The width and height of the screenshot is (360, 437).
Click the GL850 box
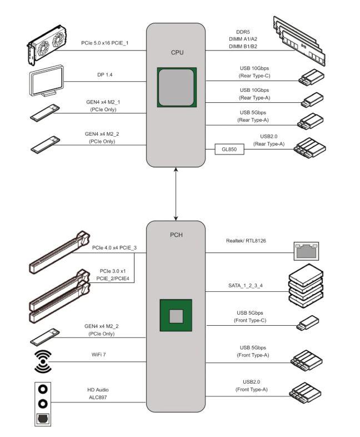pyautogui.click(x=229, y=149)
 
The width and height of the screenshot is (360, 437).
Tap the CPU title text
pyautogui.click(x=177, y=53)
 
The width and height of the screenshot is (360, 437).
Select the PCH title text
pyautogui.click(x=176, y=235)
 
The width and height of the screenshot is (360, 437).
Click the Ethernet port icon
pyautogui.click(x=307, y=251)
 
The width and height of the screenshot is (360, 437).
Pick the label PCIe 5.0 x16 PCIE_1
pyautogui.click(x=105, y=43)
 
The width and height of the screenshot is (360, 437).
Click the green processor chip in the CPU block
pyautogui.click(x=177, y=87)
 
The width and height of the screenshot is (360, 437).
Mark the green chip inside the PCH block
pyautogui.click(x=176, y=316)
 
